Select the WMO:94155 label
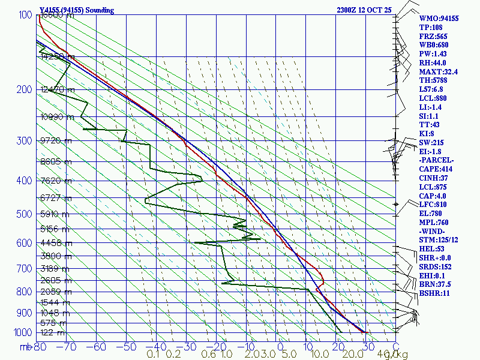click(439, 19)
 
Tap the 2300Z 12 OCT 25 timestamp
click(364, 10)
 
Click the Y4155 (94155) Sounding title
click(77, 10)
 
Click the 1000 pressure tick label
click(22, 332)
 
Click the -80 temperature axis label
click(40, 346)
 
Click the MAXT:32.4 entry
click(438, 71)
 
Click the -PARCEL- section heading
click(437, 160)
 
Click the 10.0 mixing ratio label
click(308, 355)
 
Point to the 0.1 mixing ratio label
click(153, 355)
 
